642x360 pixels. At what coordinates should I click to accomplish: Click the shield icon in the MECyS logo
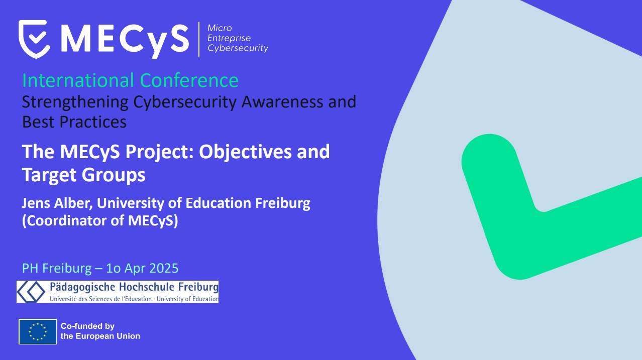click(34, 39)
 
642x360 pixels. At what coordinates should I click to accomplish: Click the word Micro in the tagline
click(220, 28)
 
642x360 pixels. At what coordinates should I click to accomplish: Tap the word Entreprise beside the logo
click(229, 38)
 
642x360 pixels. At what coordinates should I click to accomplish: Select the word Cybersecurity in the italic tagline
click(238, 48)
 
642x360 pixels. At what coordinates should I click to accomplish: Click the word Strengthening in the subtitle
click(75, 102)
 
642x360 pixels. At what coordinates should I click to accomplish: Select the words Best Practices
click(74, 122)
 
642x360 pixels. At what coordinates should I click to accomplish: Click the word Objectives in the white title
click(245, 152)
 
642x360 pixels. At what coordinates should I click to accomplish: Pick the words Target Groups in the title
click(84, 174)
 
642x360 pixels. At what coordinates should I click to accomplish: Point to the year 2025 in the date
click(164, 268)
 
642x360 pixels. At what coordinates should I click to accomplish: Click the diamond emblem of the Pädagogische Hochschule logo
click(31, 292)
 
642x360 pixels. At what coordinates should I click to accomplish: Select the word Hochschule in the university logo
click(147, 287)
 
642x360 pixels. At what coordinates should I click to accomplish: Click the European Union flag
click(38, 332)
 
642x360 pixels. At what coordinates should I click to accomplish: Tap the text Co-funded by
click(87, 326)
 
